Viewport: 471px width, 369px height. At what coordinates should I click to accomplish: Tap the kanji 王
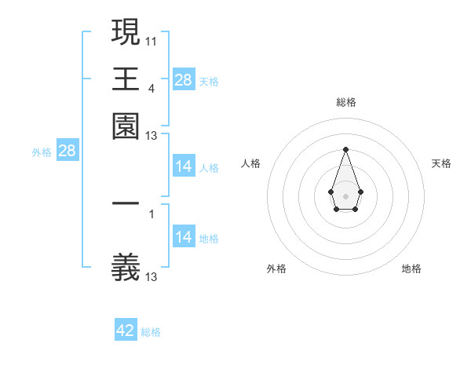point(126,79)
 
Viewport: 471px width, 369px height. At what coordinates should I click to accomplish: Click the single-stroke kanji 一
point(126,203)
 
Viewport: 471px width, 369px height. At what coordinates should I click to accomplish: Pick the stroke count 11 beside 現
point(151,40)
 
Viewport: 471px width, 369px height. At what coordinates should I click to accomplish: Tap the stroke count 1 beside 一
point(151,213)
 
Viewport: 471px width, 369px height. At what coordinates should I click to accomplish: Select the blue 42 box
point(126,331)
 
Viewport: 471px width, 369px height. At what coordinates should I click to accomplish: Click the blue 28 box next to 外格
point(67,152)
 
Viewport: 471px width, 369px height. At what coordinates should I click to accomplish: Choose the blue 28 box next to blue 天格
point(183,80)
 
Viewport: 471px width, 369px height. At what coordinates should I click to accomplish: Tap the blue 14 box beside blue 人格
point(183,166)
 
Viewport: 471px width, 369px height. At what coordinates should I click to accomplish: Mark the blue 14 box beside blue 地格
point(183,237)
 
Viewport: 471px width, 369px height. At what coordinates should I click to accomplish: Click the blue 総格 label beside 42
point(151,332)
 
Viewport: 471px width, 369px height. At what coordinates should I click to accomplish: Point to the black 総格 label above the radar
point(345,102)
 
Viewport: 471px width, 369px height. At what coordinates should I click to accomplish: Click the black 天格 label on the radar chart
point(441,163)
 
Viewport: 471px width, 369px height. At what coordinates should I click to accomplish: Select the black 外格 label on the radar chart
point(276,269)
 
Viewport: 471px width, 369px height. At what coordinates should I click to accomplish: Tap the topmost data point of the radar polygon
point(345,149)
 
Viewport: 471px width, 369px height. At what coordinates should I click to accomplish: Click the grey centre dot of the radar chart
point(345,195)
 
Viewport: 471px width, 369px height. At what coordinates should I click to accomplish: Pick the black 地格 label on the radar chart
point(411,269)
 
